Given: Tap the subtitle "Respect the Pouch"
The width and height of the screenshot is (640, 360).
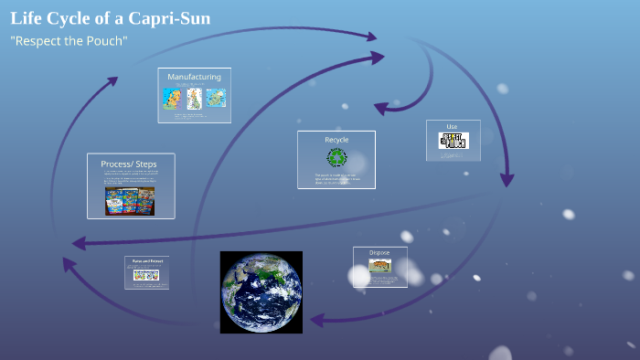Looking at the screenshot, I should pos(69,42).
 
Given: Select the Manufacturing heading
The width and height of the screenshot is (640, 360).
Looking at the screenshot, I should pos(194,77).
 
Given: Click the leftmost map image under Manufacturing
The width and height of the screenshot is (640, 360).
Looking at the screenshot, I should pos(172,99).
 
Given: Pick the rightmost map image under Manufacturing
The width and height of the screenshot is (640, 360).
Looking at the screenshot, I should pos(215,98).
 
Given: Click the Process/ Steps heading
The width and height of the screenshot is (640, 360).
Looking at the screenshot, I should pos(128,164).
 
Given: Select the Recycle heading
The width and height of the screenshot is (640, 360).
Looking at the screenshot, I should pos(336,140).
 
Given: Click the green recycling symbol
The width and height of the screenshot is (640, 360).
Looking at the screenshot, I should pos(336,157).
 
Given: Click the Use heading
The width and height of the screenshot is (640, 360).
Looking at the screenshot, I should pos(452,126).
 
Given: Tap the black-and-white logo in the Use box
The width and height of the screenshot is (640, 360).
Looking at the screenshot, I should pos(453,141).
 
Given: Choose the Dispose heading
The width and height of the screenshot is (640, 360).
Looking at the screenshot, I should pos(379,252).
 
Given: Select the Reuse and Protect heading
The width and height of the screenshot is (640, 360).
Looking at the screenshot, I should pos(147,261).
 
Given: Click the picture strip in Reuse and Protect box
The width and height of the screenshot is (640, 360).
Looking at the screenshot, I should pos(147,274).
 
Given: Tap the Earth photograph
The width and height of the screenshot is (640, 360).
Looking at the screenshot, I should pos(261,291).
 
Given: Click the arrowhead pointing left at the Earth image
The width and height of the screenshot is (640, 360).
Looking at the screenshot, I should pos(316,320).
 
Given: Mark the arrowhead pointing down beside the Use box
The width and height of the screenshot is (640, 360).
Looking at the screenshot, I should pos(507,180).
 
